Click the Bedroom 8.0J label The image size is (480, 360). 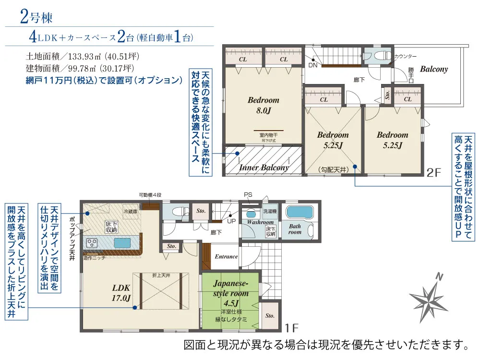[264, 106]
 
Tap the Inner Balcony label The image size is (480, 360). [264, 168]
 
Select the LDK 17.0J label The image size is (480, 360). [121, 293]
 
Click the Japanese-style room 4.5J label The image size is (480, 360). [231, 293]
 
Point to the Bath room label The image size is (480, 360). [295, 228]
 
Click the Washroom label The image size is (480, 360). [260, 222]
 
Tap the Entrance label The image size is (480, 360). [226, 256]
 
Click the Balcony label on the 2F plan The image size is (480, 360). [433, 69]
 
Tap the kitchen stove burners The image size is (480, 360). [92, 243]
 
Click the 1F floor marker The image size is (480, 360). [291, 329]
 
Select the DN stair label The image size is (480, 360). [312, 65]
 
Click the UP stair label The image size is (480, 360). [231, 222]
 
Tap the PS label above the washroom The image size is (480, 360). [248, 194]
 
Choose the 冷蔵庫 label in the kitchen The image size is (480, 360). [130, 211]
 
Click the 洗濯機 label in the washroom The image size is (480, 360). [269, 211]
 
